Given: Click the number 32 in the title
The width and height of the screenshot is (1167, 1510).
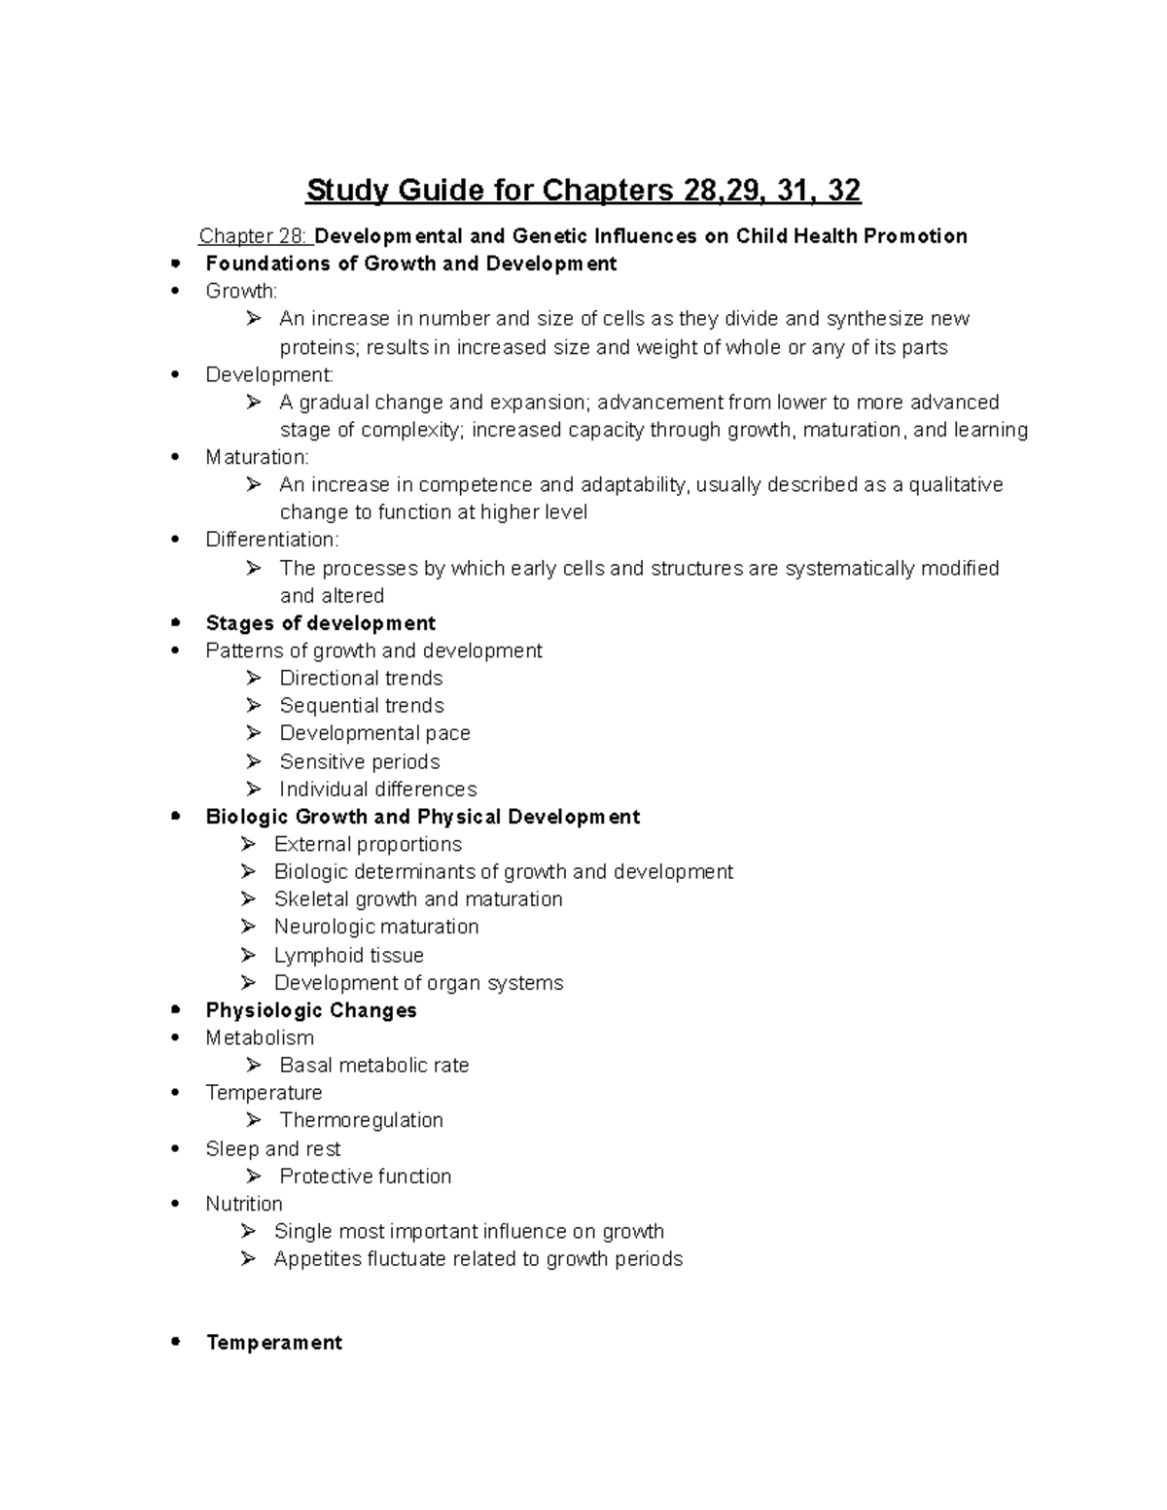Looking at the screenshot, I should [x=842, y=190].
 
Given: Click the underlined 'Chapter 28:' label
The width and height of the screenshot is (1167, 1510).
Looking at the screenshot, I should [x=253, y=236].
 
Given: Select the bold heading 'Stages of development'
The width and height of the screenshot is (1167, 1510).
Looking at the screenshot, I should [x=320, y=623].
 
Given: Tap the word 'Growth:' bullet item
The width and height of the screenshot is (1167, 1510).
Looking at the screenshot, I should [x=241, y=291].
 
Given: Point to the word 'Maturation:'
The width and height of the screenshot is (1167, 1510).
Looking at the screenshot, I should [x=257, y=457].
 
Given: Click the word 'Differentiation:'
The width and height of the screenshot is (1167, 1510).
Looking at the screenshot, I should [x=272, y=540].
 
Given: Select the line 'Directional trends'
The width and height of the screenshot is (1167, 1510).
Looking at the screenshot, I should [x=361, y=678].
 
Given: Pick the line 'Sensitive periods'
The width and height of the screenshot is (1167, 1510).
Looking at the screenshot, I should [x=359, y=761].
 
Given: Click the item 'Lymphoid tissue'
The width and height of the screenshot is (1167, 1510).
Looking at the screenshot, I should [x=348, y=955].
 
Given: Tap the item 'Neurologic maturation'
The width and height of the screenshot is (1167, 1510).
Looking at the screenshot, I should [x=375, y=927].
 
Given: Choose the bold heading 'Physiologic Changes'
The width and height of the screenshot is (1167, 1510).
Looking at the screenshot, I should [x=311, y=1010].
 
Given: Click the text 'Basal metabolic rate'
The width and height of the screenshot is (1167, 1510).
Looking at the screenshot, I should [x=373, y=1066].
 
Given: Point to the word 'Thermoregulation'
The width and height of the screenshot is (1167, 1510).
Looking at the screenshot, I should [x=361, y=1120].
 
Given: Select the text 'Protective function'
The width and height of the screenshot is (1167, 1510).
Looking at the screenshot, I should [x=365, y=1176].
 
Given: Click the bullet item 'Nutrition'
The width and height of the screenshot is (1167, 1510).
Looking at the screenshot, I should [x=243, y=1204].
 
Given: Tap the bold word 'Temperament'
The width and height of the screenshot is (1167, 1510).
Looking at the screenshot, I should [x=274, y=1343].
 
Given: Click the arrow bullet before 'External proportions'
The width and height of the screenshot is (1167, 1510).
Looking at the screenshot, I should [x=249, y=844].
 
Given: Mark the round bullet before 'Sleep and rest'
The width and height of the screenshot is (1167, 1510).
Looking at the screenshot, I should [x=175, y=1149].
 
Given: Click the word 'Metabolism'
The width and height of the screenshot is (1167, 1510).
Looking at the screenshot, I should [x=260, y=1037].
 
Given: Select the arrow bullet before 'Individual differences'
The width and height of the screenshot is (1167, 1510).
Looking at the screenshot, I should [x=254, y=789].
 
